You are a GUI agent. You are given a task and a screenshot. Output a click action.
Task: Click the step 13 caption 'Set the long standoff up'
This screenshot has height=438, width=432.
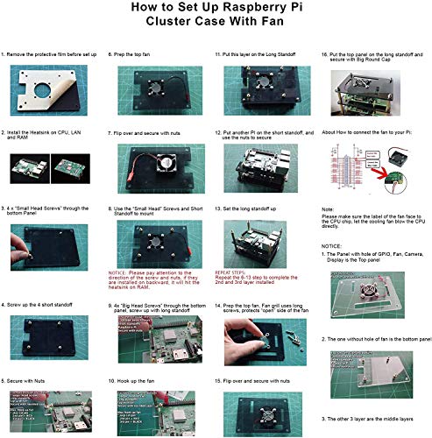(255, 210)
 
